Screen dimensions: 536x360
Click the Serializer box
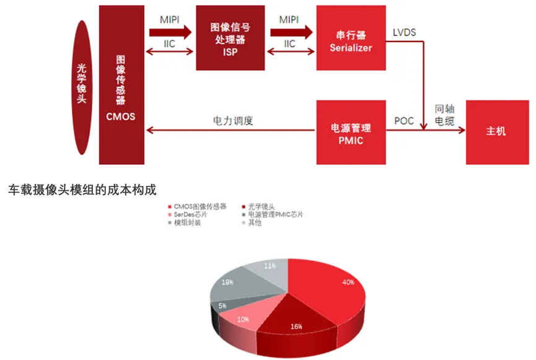(x=350, y=38)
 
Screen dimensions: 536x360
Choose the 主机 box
(x=496, y=131)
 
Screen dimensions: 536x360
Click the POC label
(x=404, y=121)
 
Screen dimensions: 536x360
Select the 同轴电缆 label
(x=444, y=114)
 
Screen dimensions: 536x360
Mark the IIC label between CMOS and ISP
(x=169, y=44)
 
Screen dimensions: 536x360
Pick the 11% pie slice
(x=268, y=267)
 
